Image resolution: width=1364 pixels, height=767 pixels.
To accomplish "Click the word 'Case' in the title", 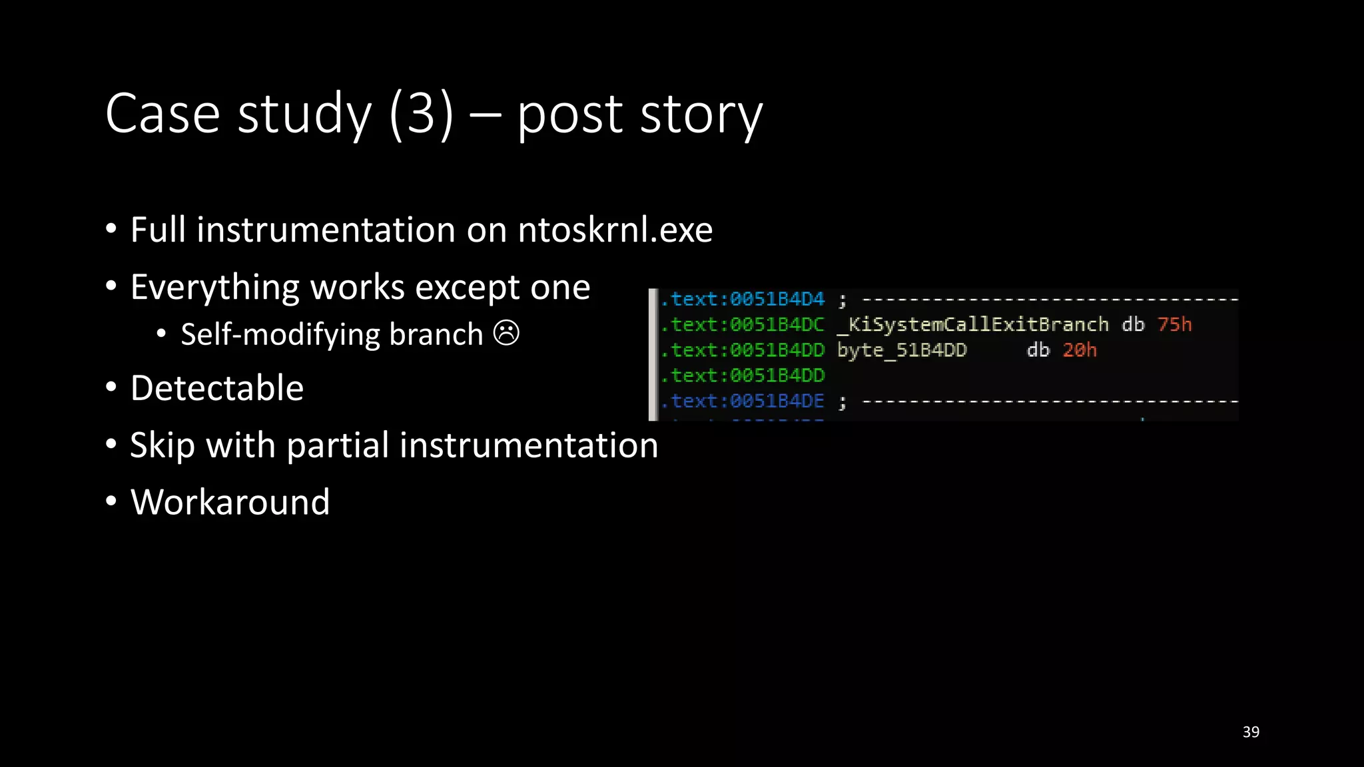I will [163, 114].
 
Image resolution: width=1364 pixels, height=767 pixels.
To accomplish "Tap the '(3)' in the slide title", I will [421, 114].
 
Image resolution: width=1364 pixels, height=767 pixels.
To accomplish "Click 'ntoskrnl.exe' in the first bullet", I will [615, 230].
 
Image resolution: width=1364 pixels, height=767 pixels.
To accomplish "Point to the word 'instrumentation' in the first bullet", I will [326, 230].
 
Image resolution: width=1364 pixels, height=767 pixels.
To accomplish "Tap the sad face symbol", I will [506, 333].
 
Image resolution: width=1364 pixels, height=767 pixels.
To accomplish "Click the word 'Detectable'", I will [217, 388].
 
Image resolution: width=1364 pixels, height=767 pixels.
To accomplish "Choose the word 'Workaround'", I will [230, 502].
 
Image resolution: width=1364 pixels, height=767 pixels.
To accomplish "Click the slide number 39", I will [1251, 732].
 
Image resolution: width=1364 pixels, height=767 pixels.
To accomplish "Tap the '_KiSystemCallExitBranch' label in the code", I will [973, 324].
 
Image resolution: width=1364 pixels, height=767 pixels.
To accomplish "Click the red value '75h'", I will [1174, 324].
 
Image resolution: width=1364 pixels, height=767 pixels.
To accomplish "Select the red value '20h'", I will [1079, 350].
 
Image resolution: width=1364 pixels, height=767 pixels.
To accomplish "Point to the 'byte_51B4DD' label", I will [902, 350].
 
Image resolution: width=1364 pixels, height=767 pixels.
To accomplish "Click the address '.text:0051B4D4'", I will [743, 300].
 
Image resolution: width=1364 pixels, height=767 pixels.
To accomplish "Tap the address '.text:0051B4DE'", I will [743, 401].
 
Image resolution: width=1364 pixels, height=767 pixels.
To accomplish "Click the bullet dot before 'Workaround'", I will [111, 501].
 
